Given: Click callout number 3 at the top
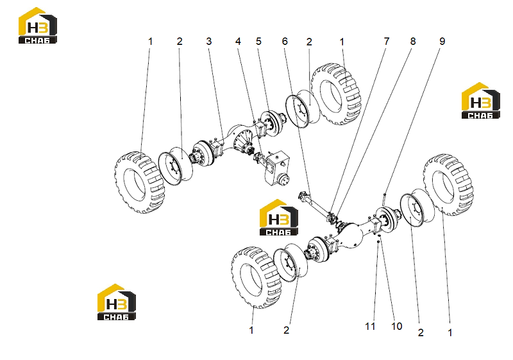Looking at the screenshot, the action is coord(209,41).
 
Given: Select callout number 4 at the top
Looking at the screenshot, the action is coord(238,41).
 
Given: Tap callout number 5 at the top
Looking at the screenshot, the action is coord(258,41).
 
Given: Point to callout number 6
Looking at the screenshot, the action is coord(285,41).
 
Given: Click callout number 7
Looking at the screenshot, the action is coord(387,41).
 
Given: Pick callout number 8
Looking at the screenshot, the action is coord(413,41).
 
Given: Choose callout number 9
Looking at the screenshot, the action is coord(442,41).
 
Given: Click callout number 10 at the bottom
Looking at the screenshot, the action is coord(396,326).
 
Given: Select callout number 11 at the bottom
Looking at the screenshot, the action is coord(370,326).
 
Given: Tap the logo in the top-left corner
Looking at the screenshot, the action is coord(38,26).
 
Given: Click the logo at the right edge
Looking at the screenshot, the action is coord(480,101).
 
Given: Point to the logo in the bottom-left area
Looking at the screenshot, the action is coord(117,302).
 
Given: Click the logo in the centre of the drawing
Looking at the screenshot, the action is coord(279,218).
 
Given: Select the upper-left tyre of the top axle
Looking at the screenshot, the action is coord(140,182).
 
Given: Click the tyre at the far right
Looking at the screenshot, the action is coord(448,185).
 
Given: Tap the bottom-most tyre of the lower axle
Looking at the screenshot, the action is coord(256,277).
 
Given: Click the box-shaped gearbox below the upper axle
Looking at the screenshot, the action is coord(277,167).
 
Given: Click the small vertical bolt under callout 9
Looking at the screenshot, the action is coord(384,200).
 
